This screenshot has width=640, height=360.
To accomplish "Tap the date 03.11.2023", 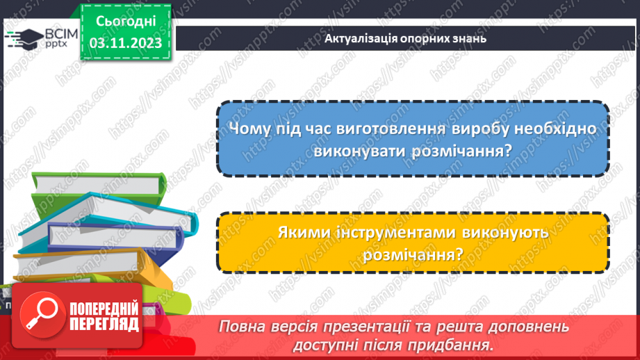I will tap(125, 42).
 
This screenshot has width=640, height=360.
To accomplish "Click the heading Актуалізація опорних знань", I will tap(405, 38).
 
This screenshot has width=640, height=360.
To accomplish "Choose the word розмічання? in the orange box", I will tap(413, 254).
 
